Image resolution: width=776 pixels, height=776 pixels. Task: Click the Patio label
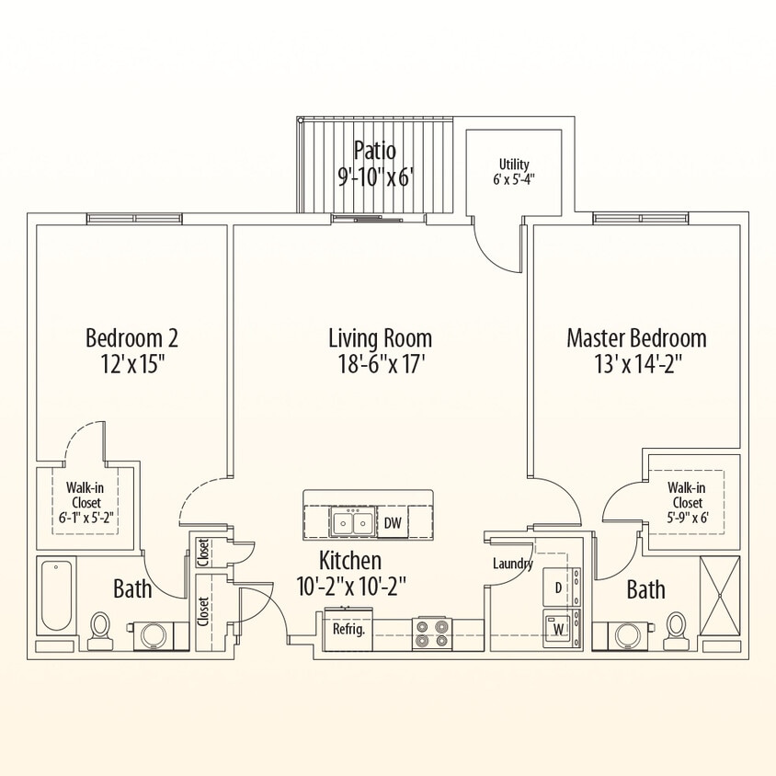[375, 150]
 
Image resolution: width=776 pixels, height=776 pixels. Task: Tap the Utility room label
[514, 165]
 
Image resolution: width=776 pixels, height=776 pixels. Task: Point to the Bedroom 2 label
[131, 337]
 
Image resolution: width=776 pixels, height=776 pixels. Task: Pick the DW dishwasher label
[393, 524]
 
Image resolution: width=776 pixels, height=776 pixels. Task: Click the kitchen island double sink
[352, 523]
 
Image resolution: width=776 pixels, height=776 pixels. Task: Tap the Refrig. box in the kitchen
[348, 631]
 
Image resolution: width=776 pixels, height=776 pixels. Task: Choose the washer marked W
[558, 630]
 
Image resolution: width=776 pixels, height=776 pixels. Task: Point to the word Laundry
[513, 564]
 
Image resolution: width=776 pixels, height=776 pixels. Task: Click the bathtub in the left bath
[57, 597]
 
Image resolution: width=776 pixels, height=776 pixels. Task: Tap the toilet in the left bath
[101, 629]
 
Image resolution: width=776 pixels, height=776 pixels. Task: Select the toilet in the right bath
[677, 628]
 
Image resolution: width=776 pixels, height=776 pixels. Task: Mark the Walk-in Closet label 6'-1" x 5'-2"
[83, 503]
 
